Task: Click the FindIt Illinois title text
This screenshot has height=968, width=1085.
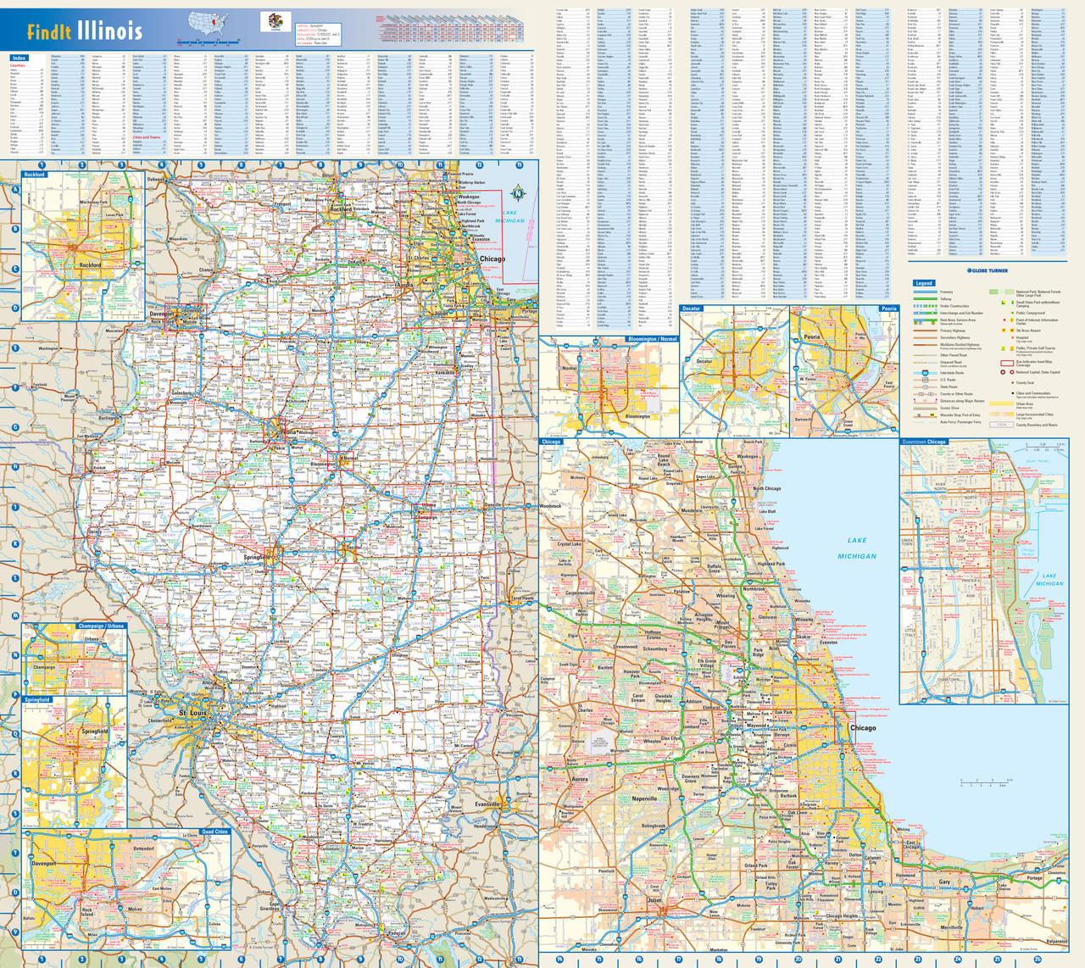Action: pyautogui.click(x=85, y=32)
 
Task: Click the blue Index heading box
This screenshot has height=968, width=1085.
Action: pyautogui.click(x=19, y=58)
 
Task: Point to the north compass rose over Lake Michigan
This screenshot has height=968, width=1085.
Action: pyautogui.click(x=518, y=193)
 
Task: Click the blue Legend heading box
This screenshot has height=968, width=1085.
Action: pyautogui.click(x=923, y=283)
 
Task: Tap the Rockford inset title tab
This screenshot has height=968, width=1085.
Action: pyautogui.click(x=35, y=175)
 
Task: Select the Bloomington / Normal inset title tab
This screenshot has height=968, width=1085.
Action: pyautogui.click(x=652, y=339)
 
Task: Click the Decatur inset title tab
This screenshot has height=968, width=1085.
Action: pyautogui.click(x=692, y=309)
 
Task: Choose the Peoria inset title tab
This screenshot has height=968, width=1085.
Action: pyautogui.click(x=887, y=309)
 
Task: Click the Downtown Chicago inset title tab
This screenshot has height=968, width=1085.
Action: pyautogui.click(x=924, y=442)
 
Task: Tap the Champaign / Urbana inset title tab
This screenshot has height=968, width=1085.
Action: pyautogui.click(x=102, y=626)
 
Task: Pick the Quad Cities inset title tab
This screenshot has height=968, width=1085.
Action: pyautogui.click(x=214, y=832)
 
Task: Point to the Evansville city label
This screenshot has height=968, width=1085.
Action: pyautogui.click(x=488, y=804)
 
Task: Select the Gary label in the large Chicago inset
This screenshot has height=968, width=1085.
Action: pyautogui.click(x=944, y=882)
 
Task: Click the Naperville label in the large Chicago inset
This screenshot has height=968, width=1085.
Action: pyautogui.click(x=644, y=798)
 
